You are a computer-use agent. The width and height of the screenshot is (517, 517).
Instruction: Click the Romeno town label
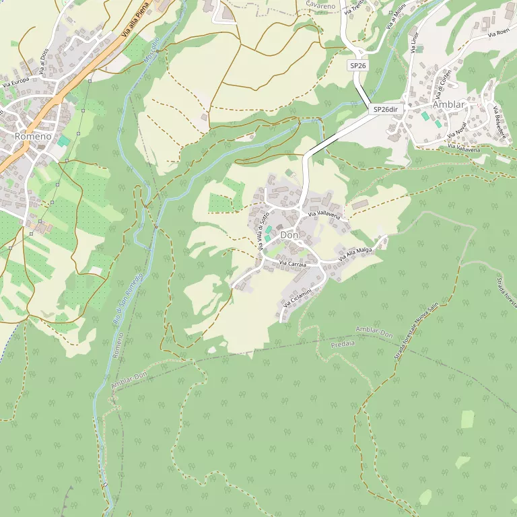tap(32, 137)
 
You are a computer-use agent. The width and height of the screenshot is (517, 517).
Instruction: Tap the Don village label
tap(289, 235)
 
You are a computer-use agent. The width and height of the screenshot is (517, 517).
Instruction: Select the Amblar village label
tap(448, 104)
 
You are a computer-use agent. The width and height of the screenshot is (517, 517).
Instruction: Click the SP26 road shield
tap(357, 65)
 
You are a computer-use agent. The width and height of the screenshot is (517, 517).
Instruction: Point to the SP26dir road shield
tap(386, 109)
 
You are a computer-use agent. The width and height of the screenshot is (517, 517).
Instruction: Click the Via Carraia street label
tap(293, 264)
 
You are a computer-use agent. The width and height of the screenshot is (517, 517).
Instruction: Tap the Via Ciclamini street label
tap(297, 296)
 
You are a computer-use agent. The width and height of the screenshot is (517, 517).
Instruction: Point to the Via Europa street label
tap(15, 83)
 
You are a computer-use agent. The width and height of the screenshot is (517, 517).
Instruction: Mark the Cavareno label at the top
tap(320, 5)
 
